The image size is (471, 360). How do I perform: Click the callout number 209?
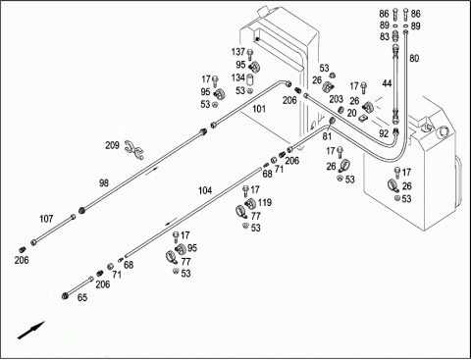112,145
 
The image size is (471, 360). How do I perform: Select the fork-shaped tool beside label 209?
134,150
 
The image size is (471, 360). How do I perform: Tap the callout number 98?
104,183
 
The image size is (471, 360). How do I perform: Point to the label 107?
46,219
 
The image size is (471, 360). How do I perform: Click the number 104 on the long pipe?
205,190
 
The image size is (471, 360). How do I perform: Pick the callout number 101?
259,109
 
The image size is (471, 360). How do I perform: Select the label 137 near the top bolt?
238,52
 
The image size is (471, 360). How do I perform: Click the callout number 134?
238,77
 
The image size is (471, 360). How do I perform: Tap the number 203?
336,99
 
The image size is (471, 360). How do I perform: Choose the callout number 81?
327,136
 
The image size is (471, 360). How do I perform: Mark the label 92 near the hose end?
384,133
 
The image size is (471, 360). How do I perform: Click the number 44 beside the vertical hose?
387,84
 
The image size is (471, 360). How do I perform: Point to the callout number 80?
414,59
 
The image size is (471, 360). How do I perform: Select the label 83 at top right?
385,37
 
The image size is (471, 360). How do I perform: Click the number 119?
265,203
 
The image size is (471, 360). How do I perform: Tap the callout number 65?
82,298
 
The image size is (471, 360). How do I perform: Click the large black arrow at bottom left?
30,331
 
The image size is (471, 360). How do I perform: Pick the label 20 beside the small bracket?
351,113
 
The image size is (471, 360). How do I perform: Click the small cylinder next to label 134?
250,79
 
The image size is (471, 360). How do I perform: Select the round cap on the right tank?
445,131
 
